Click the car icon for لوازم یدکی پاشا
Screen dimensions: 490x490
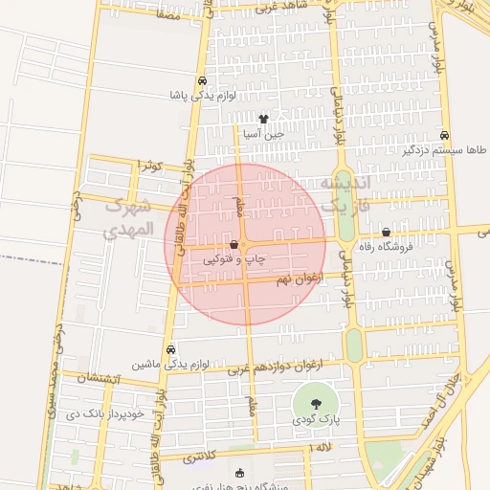[202, 81]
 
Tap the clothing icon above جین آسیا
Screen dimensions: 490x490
[263, 119]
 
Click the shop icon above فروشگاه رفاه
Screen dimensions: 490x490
[386, 232]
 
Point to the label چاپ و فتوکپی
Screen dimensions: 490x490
[234, 259]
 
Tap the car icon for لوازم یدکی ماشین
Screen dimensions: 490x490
[170, 349]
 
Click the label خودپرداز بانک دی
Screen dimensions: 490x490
[104, 414]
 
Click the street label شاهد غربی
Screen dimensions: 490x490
[284, 8]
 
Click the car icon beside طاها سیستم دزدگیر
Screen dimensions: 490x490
[447, 135]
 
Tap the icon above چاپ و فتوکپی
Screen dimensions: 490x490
[234, 245]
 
